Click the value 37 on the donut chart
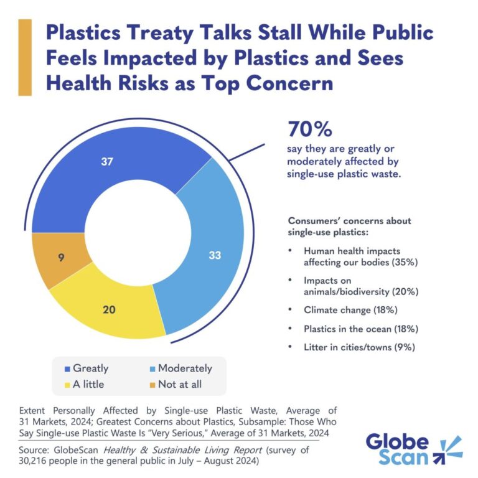click(106, 161)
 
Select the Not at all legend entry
click(179, 384)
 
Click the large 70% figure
click(309, 129)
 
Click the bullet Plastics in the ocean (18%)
click(358, 328)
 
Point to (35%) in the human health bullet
click(404, 262)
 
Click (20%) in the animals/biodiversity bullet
click(402, 291)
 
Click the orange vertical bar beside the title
click(25, 57)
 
